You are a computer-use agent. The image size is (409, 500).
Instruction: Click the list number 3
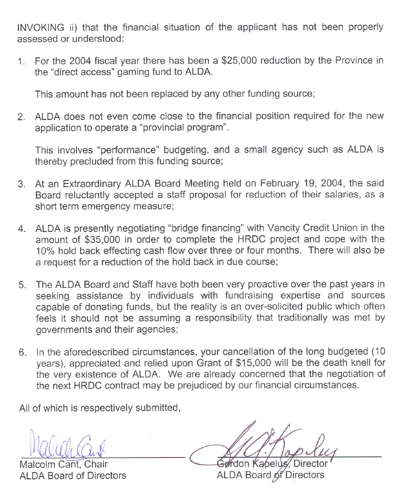click(21, 183)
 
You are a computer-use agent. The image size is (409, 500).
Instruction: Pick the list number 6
click(21, 351)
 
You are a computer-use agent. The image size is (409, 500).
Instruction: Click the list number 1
click(21, 61)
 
